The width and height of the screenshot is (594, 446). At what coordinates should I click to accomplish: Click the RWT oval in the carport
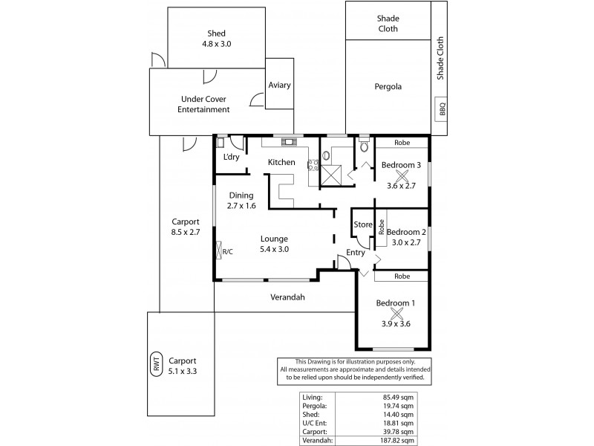(157, 365)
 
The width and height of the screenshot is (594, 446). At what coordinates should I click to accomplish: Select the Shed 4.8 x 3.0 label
(216, 38)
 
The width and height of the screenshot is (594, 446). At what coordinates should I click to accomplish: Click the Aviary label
(279, 85)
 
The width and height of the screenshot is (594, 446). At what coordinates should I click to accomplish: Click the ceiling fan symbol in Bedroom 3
(402, 175)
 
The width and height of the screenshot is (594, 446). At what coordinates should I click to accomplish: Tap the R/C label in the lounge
(227, 251)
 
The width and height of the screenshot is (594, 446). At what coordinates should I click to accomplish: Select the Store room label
(362, 224)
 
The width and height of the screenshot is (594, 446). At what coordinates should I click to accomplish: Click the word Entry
(355, 253)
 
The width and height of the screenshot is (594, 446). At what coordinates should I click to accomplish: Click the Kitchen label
(282, 162)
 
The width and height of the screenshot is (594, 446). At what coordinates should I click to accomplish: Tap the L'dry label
(231, 158)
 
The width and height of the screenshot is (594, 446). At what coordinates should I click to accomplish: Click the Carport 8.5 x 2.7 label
(186, 227)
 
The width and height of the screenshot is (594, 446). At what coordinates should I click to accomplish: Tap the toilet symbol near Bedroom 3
(363, 146)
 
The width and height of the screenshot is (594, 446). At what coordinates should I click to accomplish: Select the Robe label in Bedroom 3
(401, 143)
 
